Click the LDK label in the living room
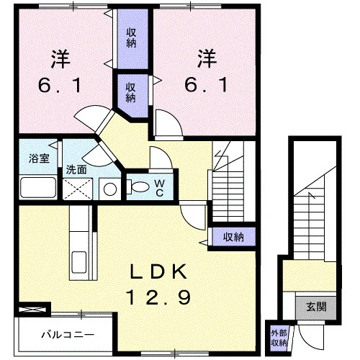pyautogui.click(x=158, y=271)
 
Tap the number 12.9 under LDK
pyautogui.click(x=158, y=297)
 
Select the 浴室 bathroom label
pyautogui.click(x=39, y=158)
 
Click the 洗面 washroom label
pyautogui.click(x=76, y=170)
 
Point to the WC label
pyautogui.click(x=160, y=188)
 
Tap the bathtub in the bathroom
pyautogui.click(x=38, y=187)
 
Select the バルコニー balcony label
pyautogui.click(x=68, y=334)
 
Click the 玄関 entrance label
pyautogui.click(x=316, y=307)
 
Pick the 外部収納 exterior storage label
pyautogui.click(x=279, y=338)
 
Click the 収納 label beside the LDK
pyautogui.click(x=233, y=237)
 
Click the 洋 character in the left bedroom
pyautogui.click(x=60, y=59)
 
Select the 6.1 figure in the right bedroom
pyautogui.click(x=206, y=86)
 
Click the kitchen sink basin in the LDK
pyautogui.click(x=79, y=262)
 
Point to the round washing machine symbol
pyautogui.click(x=110, y=189)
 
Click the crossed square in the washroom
pyautogui.click(x=78, y=189)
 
